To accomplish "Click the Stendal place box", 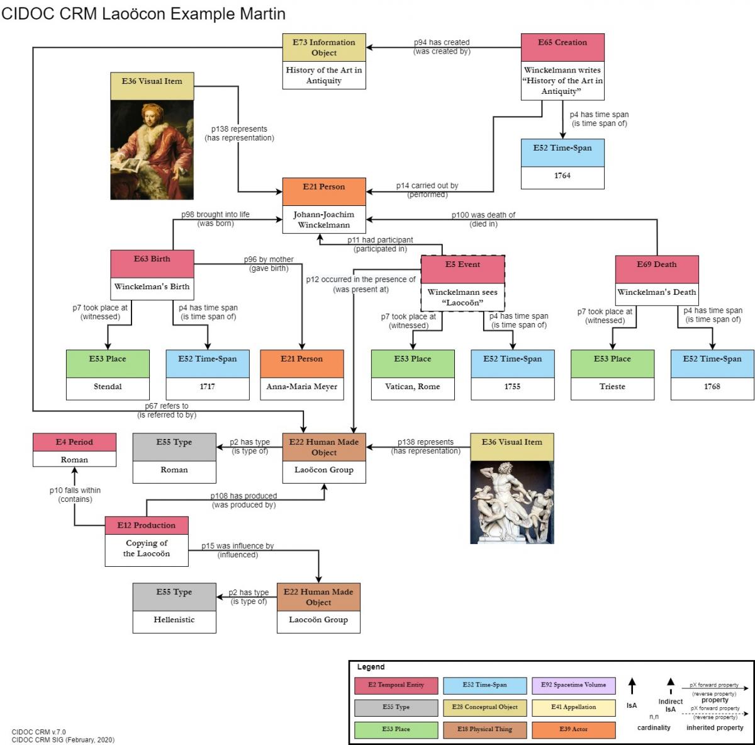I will [x=108, y=387].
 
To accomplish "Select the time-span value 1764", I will [x=562, y=176].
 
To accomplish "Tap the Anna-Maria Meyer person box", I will [x=302, y=387].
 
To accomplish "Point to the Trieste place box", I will [x=612, y=387].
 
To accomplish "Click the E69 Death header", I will [x=657, y=265].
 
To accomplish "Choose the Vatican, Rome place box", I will [x=413, y=387].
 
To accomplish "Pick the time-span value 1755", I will [x=512, y=387].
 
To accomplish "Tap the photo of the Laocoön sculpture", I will [x=512, y=503].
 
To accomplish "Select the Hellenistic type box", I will [x=174, y=620].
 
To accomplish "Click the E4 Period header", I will [x=74, y=442].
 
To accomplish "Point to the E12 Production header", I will [x=147, y=525].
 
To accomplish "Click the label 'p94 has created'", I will [x=442, y=42].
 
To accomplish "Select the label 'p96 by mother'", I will [x=269, y=259].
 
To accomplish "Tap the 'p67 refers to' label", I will [x=167, y=406].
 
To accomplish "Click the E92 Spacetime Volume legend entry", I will [x=573, y=685].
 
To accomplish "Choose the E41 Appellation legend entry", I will [x=573, y=707].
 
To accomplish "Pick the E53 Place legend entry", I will [x=396, y=729].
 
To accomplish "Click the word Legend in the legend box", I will [x=371, y=667].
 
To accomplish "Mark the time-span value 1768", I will [x=712, y=387].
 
